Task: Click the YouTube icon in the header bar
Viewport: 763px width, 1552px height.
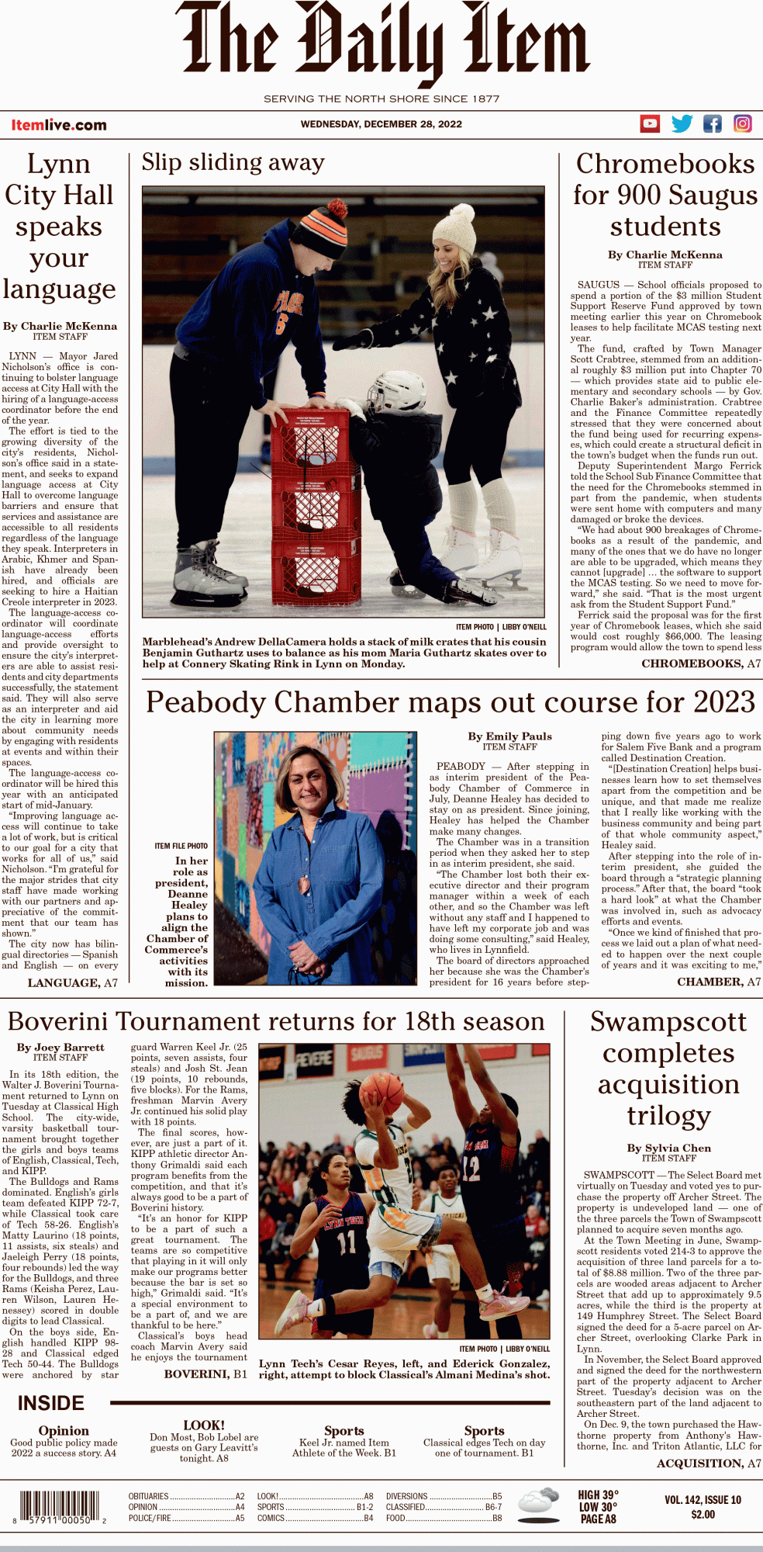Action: [650, 123]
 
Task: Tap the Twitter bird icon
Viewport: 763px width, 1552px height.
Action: [682, 123]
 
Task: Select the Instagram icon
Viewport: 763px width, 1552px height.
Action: [742, 123]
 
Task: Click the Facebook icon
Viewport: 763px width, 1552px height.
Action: [712, 123]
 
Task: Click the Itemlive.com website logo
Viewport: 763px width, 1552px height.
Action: [59, 125]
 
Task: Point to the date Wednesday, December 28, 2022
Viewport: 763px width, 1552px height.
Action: [381, 124]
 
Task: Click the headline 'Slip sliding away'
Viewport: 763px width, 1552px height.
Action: [233, 162]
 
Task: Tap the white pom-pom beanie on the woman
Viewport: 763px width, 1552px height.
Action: [453, 228]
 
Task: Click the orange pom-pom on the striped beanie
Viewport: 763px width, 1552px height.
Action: [337, 210]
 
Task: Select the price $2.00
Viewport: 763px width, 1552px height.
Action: [703, 1514]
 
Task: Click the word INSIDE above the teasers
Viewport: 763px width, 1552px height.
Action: [51, 1403]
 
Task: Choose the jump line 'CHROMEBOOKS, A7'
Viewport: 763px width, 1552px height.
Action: [701, 663]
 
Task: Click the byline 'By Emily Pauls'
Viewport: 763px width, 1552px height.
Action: [509, 736]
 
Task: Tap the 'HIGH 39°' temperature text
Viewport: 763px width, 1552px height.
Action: [598, 1495]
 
